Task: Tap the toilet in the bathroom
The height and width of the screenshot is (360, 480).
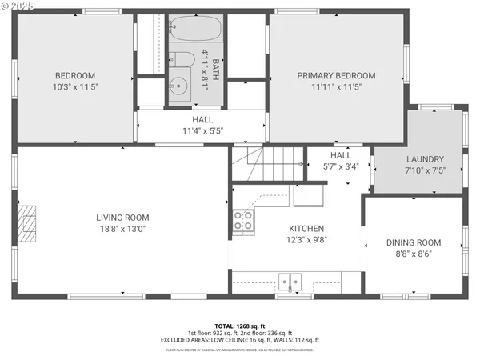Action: tap(180, 61)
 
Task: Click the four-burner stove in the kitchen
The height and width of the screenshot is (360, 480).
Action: tap(243, 221)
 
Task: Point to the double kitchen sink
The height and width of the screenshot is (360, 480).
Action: tap(290, 281)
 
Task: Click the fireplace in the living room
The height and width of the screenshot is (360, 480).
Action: tap(28, 222)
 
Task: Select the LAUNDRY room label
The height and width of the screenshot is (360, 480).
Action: tap(424, 159)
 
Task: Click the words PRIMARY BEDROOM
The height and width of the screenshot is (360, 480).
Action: tap(347, 76)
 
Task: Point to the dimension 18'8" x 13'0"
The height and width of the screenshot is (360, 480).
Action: tap(122, 228)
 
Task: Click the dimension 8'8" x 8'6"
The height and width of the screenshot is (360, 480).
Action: tap(414, 254)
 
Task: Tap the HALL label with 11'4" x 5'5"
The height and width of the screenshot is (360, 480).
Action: tap(202, 119)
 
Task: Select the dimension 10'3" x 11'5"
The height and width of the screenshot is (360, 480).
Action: tap(74, 86)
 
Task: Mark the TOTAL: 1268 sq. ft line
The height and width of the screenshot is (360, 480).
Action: tap(240, 326)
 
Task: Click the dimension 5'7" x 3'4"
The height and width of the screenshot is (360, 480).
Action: tap(341, 166)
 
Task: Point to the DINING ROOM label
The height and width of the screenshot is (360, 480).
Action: tap(414, 242)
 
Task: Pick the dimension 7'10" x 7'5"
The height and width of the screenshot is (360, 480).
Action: tap(424, 170)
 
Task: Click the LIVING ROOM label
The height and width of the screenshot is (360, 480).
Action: tap(122, 217)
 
